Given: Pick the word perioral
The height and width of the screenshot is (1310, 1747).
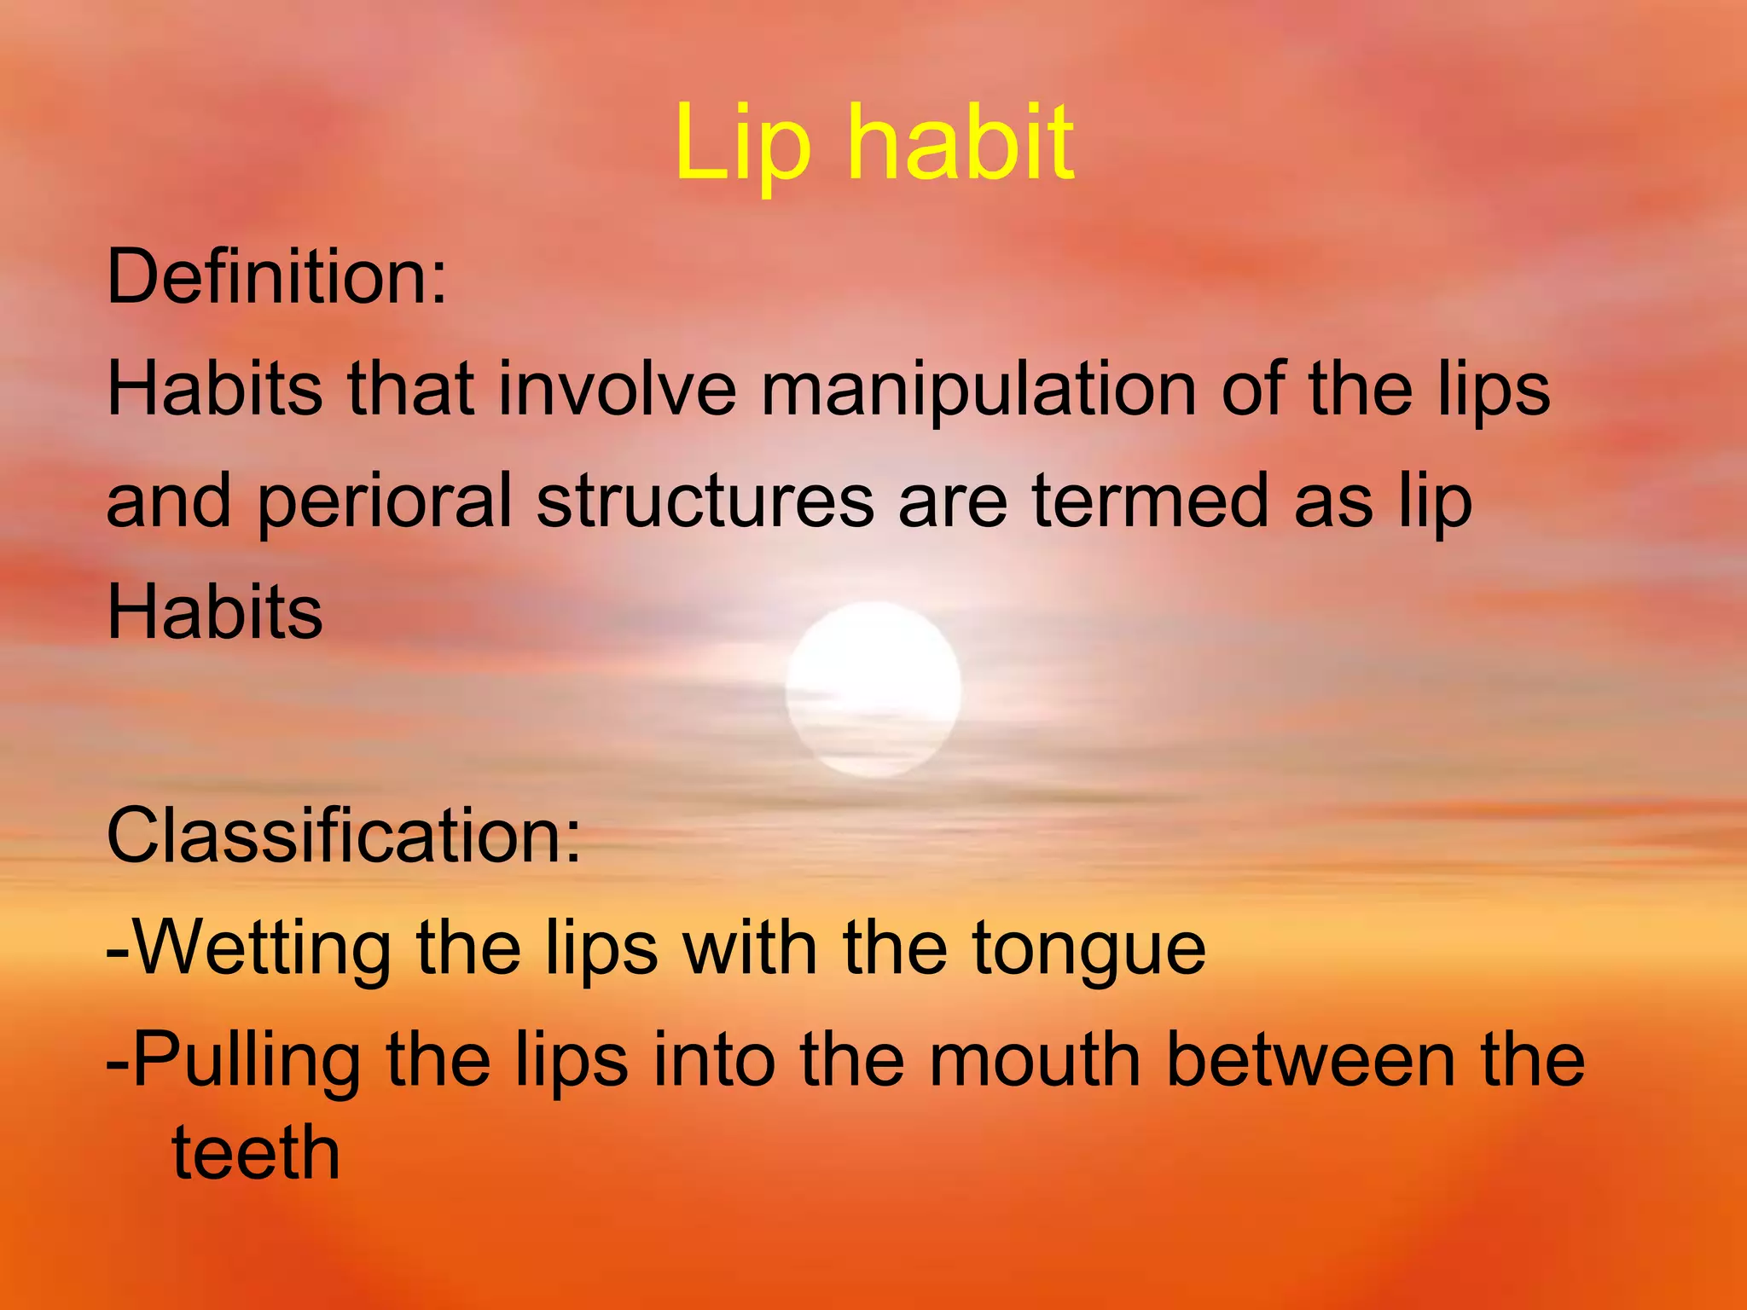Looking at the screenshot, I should (385, 503).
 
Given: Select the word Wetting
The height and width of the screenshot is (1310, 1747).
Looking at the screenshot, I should (262, 949).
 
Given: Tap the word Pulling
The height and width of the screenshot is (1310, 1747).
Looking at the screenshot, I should (247, 1063).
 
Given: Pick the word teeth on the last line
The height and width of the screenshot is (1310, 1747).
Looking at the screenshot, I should (256, 1153).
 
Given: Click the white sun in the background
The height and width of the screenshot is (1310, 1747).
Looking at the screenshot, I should (873, 689).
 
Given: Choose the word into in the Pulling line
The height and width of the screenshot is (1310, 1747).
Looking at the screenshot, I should (714, 1061).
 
